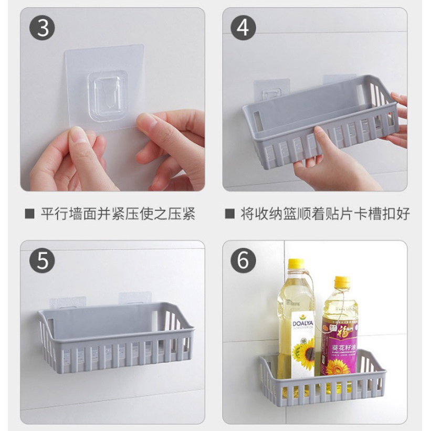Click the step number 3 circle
click(x=43, y=28)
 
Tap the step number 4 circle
click(x=242, y=28)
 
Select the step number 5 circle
click(x=43, y=261)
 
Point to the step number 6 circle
click(x=242, y=261)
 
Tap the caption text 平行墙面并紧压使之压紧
click(x=118, y=214)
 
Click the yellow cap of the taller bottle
click(x=296, y=265)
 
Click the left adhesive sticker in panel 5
click(x=68, y=303)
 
